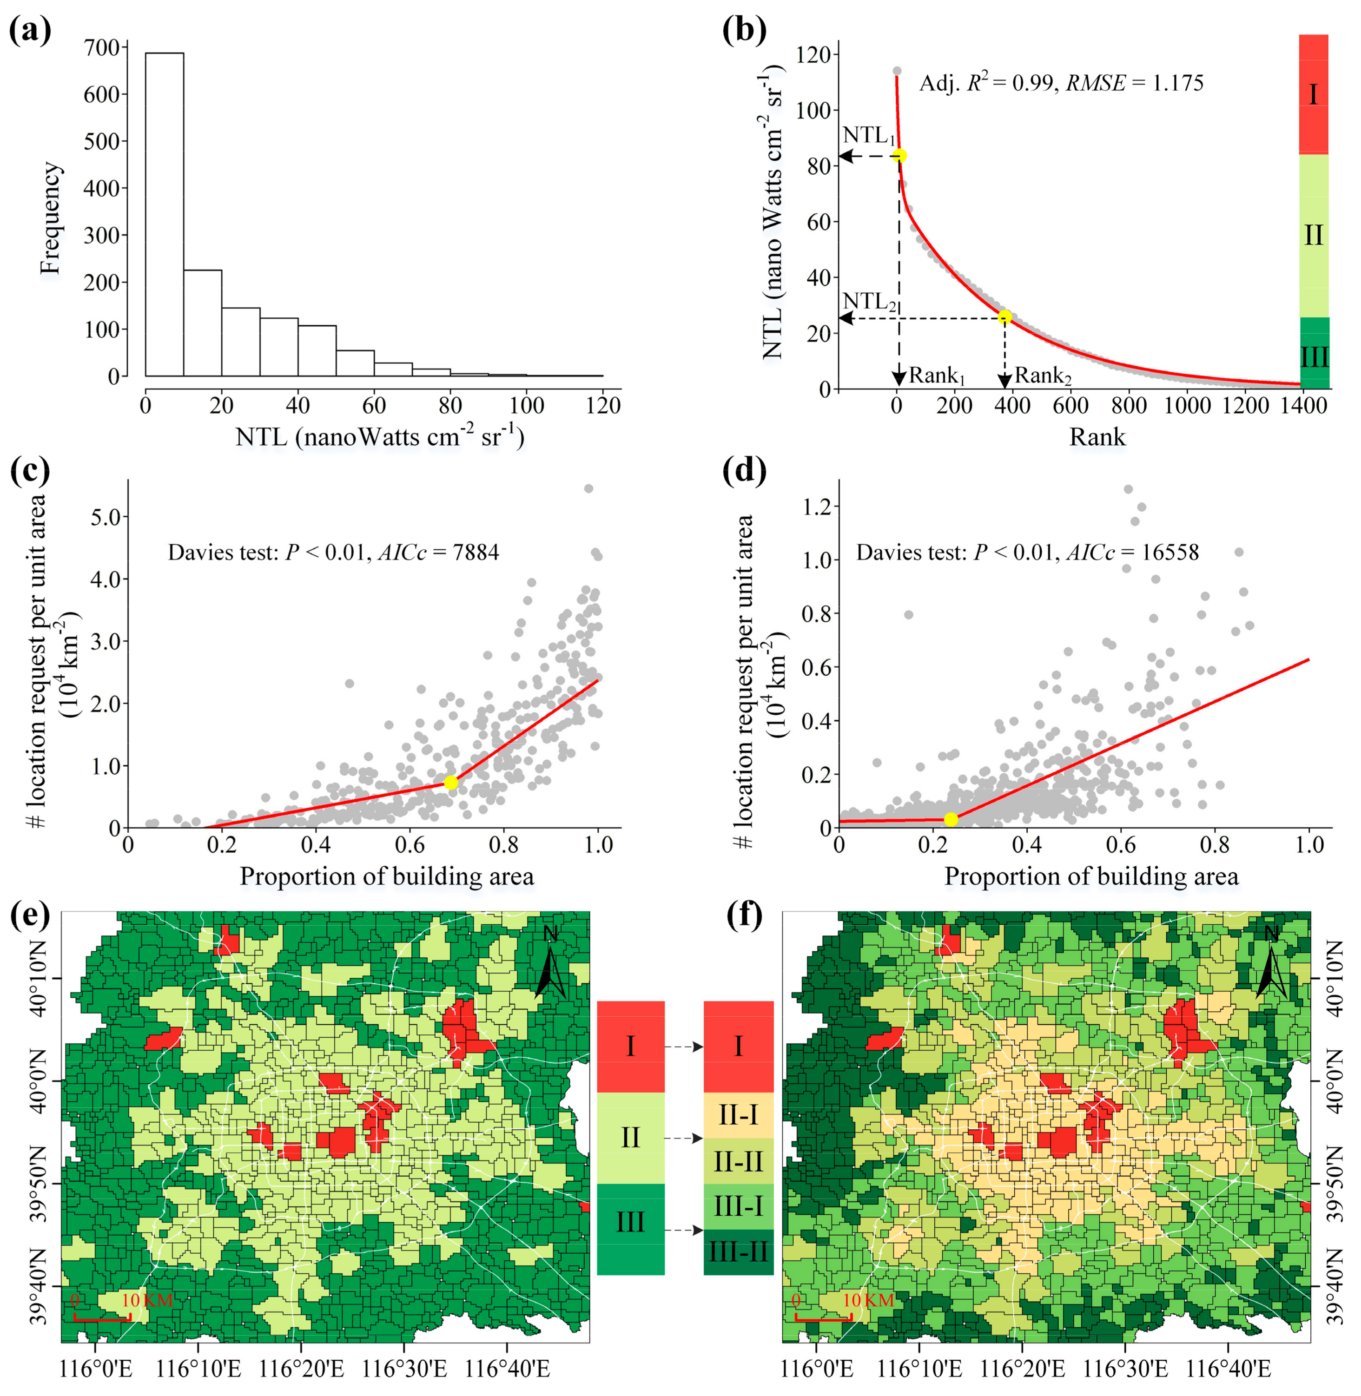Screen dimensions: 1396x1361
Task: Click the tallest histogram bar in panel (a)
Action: coord(165,214)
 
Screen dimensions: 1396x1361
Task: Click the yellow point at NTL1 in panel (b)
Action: coord(899,156)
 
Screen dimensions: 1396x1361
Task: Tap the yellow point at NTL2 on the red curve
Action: coord(1004,316)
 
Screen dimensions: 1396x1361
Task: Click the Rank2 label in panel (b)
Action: coord(1042,375)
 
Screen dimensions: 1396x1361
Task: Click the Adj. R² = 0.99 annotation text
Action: coord(986,84)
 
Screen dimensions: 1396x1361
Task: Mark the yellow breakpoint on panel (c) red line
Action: coord(450,783)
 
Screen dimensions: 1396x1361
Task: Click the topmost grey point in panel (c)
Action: coord(589,489)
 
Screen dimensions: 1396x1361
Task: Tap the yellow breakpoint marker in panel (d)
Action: coord(951,819)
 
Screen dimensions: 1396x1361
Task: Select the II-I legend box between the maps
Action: coord(739,1115)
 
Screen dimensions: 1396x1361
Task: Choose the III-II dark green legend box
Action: coord(739,1251)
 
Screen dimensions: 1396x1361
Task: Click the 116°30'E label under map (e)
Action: coord(404,1370)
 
